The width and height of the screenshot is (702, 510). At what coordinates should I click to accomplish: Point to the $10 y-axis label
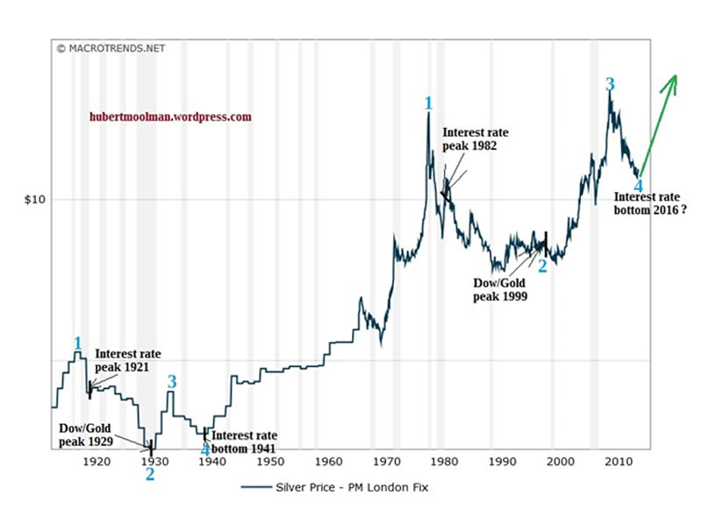coord(32,200)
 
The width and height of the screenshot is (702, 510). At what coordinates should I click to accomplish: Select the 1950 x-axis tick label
coord(269,460)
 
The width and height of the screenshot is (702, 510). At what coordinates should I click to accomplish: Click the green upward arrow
coord(660,123)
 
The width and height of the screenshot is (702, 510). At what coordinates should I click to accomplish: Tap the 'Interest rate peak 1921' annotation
coord(127,360)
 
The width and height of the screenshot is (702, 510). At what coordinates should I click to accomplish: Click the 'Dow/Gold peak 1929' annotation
coord(86,435)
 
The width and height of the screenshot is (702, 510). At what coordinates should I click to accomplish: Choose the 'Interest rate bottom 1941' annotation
coord(244,442)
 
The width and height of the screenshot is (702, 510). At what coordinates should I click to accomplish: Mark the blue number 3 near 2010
coord(609,85)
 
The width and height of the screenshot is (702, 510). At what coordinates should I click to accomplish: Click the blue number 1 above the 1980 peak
coord(428,103)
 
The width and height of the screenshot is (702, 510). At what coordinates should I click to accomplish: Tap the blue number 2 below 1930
coord(150,474)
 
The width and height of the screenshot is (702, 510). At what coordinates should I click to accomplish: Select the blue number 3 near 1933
coord(172,381)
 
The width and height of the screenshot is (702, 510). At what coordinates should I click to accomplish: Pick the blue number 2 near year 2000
coord(542,266)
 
